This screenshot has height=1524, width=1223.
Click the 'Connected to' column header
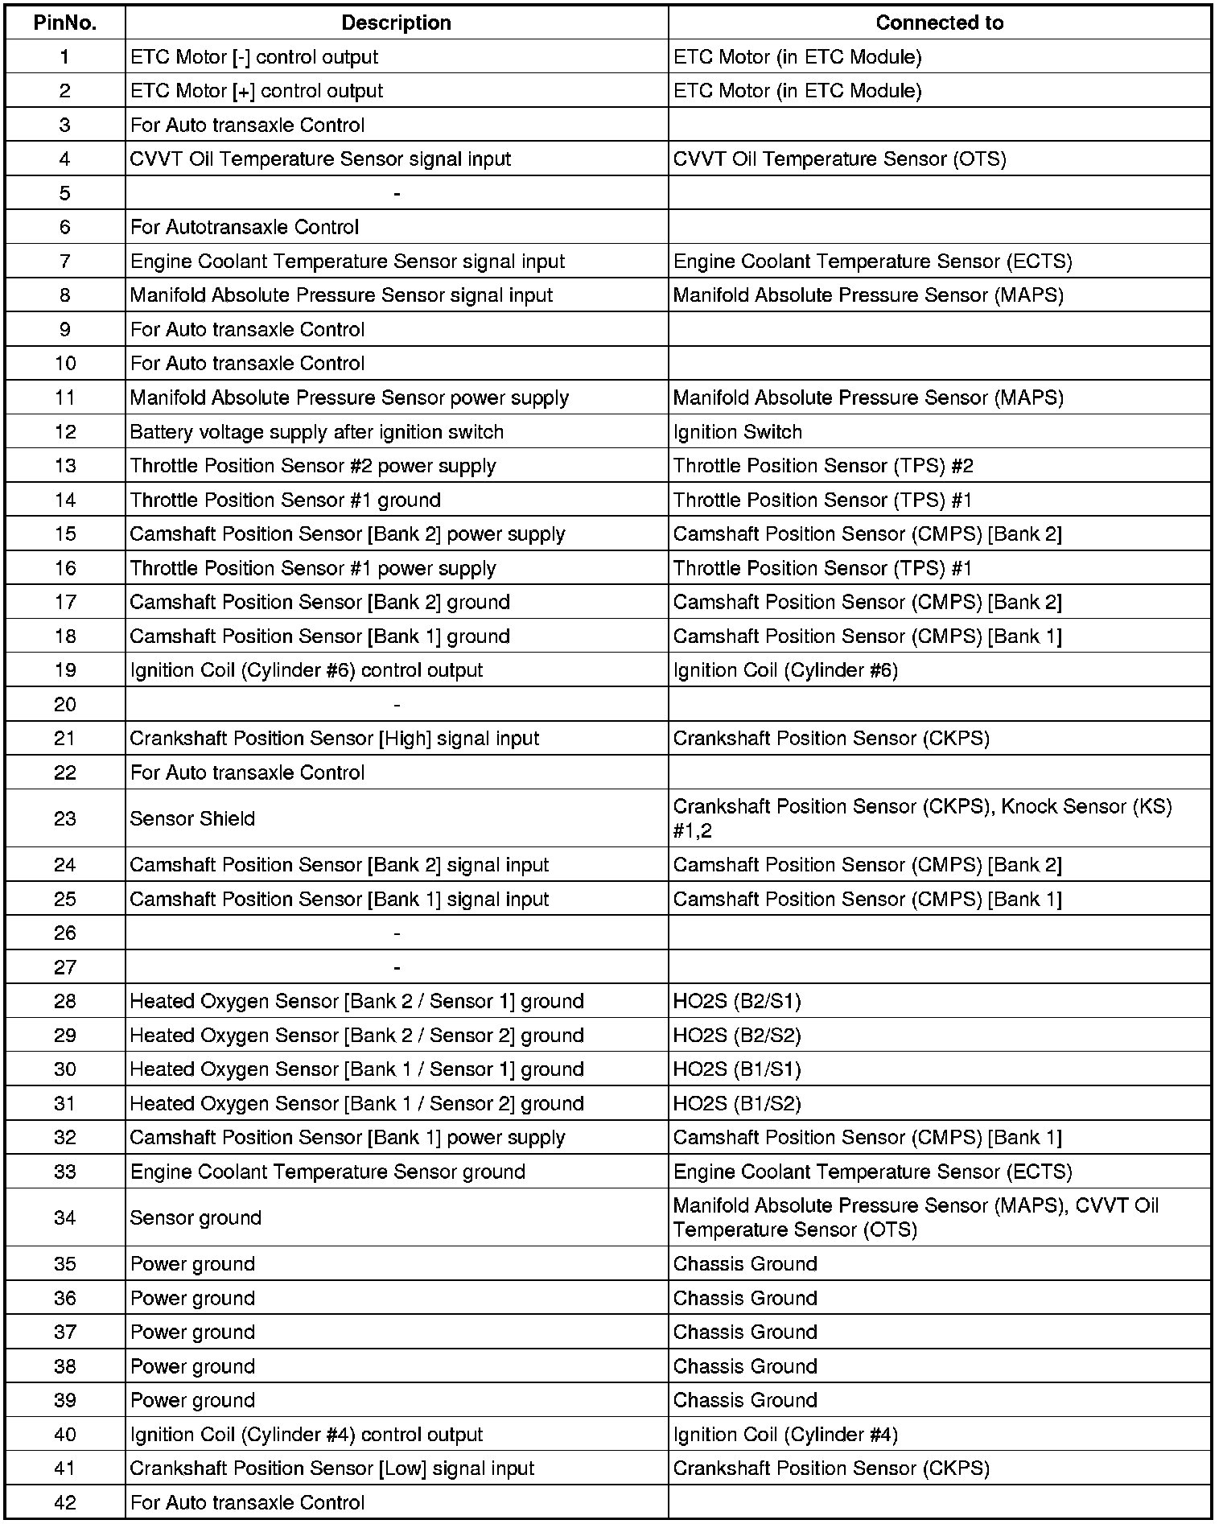[x=939, y=23]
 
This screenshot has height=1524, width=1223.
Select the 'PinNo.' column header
[x=65, y=23]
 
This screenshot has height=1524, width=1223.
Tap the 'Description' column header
[x=396, y=23]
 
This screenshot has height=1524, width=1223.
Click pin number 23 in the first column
[x=65, y=818]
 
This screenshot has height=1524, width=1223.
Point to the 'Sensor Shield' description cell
[x=192, y=818]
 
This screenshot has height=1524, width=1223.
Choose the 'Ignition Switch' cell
[x=738, y=432]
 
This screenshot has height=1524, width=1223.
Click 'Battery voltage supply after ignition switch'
[x=317, y=432]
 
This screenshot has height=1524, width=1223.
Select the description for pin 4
[x=320, y=159]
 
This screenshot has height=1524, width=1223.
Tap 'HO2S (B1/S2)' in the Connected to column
[x=737, y=1103]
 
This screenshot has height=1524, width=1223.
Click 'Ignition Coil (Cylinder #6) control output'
[x=307, y=670]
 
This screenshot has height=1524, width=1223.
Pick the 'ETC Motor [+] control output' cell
[x=257, y=91]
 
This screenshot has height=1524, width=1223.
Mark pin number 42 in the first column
[x=65, y=1502]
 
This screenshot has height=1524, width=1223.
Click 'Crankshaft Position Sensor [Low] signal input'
[x=332, y=1468]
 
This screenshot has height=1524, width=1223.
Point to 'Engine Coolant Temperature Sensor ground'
[x=327, y=1172]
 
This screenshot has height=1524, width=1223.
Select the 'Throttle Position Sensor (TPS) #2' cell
[x=823, y=466]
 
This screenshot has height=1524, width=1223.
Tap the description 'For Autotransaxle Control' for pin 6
[x=245, y=227]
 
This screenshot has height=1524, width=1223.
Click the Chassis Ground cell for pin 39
[x=745, y=1400]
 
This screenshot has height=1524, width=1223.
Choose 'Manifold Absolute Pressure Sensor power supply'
[x=349, y=397]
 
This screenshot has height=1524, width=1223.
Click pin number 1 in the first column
[x=65, y=57]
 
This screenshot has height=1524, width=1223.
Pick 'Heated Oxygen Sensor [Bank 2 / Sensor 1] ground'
[x=356, y=1001]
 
